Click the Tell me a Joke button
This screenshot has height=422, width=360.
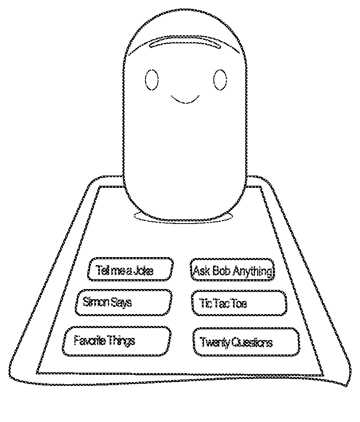130,269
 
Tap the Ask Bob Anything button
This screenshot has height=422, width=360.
232,269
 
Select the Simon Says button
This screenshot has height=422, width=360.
124,303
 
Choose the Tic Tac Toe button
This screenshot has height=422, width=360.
238,303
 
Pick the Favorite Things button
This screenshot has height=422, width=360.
116,341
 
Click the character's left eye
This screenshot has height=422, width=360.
152,79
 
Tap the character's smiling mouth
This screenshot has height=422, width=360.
185,101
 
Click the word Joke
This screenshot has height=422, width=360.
143,270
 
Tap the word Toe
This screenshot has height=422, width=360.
239,304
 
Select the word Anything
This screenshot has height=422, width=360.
252,271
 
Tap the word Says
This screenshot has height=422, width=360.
121,303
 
